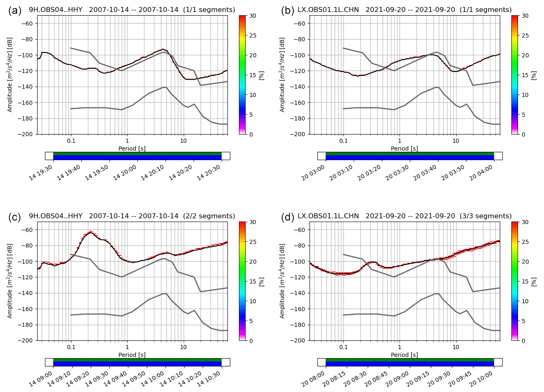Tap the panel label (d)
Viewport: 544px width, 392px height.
[x=288, y=217]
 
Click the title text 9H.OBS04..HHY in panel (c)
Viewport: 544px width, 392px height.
[x=56, y=216]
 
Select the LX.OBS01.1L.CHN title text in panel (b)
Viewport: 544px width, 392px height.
[x=328, y=9]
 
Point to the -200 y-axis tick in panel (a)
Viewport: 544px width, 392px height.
[x=27, y=134]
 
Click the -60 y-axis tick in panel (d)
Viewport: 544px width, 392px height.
[x=299, y=230]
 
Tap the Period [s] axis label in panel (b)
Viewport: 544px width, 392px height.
[x=404, y=149]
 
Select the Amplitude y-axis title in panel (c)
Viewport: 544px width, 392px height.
[x=10, y=281]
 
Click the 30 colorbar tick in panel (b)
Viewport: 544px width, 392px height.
[x=525, y=16]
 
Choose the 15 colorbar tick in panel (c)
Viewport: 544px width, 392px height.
[x=252, y=281]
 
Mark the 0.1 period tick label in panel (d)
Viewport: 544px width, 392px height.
[x=343, y=347]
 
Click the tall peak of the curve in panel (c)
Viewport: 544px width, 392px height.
[x=91, y=232]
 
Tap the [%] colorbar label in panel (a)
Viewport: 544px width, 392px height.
[x=261, y=75]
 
